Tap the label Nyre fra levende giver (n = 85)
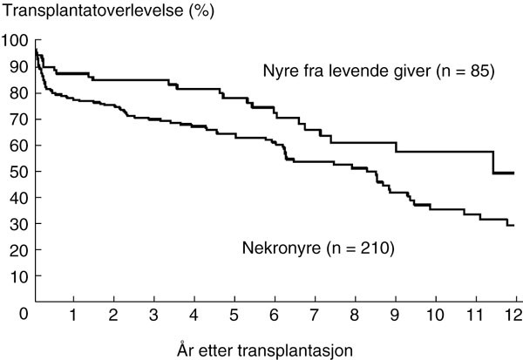[379, 72]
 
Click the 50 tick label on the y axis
[18, 171]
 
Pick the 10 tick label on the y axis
[18, 275]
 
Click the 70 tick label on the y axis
[18, 119]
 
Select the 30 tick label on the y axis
[18, 223]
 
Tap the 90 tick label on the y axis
[18, 66]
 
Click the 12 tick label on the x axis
[515, 314]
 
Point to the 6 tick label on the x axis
[274, 314]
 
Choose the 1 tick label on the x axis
[73, 314]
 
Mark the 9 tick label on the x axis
[395, 314]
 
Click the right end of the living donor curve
[514, 173]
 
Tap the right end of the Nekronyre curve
[514, 226]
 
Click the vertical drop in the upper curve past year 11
[493, 162]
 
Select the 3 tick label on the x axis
[153, 314]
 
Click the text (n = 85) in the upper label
[465, 72]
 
